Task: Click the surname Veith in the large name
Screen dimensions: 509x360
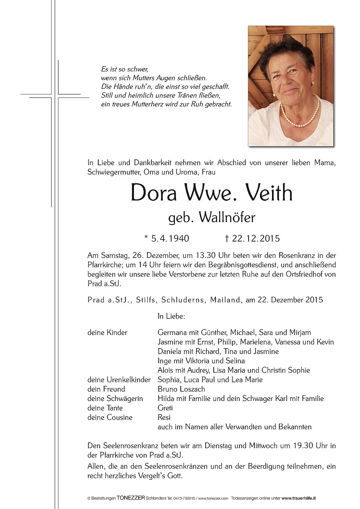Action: click(x=268, y=193)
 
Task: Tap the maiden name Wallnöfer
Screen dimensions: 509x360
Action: click(x=227, y=218)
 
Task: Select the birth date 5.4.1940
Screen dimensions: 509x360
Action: click(x=170, y=239)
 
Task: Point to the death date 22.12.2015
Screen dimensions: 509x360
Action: click(x=256, y=239)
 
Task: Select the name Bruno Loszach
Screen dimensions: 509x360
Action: click(x=181, y=389)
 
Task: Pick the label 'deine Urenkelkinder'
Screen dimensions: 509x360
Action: click(x=119, y=380)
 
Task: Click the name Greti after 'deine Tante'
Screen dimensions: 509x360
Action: click(x=165, y=408)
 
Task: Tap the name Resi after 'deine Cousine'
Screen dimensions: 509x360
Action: click(x=164, y=417)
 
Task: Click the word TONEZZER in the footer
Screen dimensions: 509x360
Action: click(x=131, y=498)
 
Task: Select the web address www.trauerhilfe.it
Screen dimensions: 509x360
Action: click(x=299, y=498)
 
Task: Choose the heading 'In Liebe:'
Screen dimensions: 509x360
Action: click(x=171, y=316)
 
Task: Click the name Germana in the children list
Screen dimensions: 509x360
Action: click(x=172, y=332)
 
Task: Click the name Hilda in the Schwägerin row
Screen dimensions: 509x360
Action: click(x=166, y=398)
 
